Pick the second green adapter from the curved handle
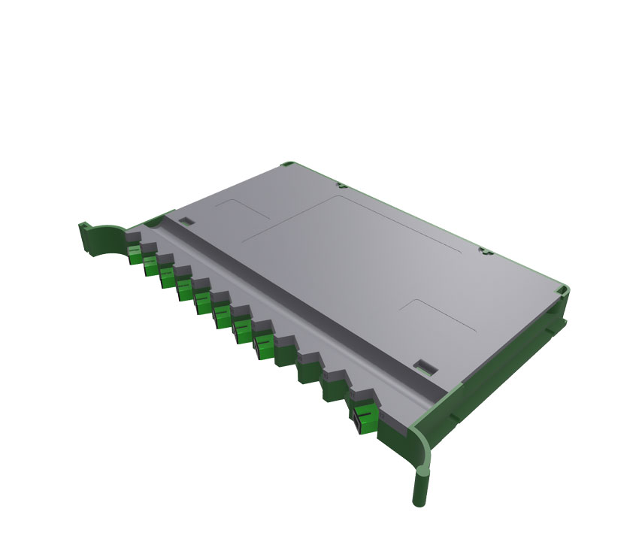coord(150,266)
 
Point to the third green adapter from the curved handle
coord(166,278)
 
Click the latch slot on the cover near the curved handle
coord(187,220)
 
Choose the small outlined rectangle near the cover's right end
coord(440,315)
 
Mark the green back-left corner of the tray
coord(288,163)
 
